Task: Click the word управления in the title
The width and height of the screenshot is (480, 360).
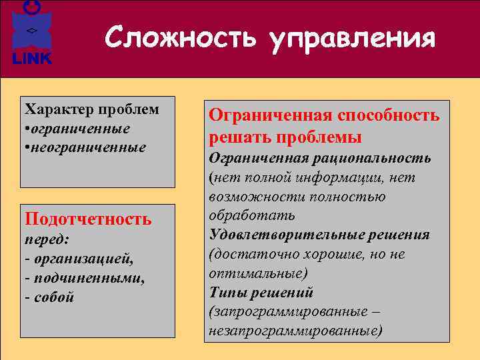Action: [x=353, y=39]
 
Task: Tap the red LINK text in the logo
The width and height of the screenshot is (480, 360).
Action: [x=31, y=59]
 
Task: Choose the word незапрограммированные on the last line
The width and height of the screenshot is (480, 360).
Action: [x=294, y=331]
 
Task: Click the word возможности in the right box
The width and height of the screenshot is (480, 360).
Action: [x=250, y=197]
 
